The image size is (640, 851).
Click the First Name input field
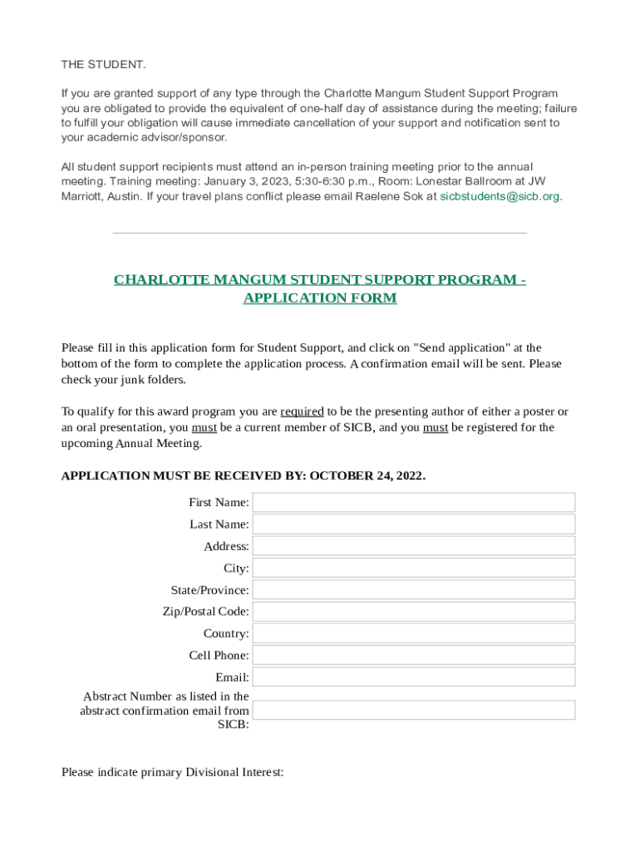click(414, 502)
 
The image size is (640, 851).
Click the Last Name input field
click(414, 524)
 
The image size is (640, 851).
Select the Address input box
click(414, 546)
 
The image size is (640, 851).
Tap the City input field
click(414, 568)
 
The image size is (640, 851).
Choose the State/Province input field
click(414, 590)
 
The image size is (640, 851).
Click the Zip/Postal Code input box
click(414, 612)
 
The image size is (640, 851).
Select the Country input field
click(414, 633)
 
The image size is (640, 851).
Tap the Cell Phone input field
click(414, 655)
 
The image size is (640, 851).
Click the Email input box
click(414, 677)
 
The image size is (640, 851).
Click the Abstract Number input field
click(414, 710)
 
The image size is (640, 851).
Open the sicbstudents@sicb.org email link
click(500, 197)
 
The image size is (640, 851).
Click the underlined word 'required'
click(302, 411)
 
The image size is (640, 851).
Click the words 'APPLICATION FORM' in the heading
click(320, 298)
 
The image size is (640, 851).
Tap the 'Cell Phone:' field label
click(219, 655)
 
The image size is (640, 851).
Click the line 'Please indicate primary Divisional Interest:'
click(173, 772)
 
